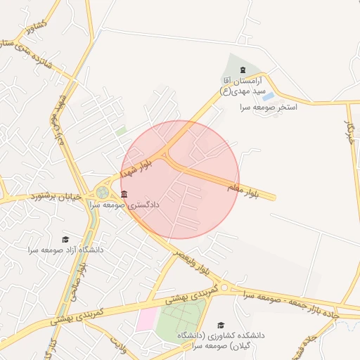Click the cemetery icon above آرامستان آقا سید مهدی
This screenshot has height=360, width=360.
(x=243, y=70)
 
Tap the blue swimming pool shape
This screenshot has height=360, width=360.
(x=268, y=96)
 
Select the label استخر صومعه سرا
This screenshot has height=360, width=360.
(x=269, y=108)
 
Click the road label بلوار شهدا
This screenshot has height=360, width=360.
(x=136, y=167)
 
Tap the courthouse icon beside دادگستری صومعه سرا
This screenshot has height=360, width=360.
(x=124, y=194)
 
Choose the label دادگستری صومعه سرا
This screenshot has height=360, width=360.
(x=124, y=205)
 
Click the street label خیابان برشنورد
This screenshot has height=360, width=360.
(x=58, y=198)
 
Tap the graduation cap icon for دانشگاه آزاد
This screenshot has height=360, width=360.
(x=66, y=240)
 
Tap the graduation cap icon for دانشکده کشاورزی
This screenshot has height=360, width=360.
(x=221, y=325)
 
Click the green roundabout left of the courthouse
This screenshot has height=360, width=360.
(x=103, y=192)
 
